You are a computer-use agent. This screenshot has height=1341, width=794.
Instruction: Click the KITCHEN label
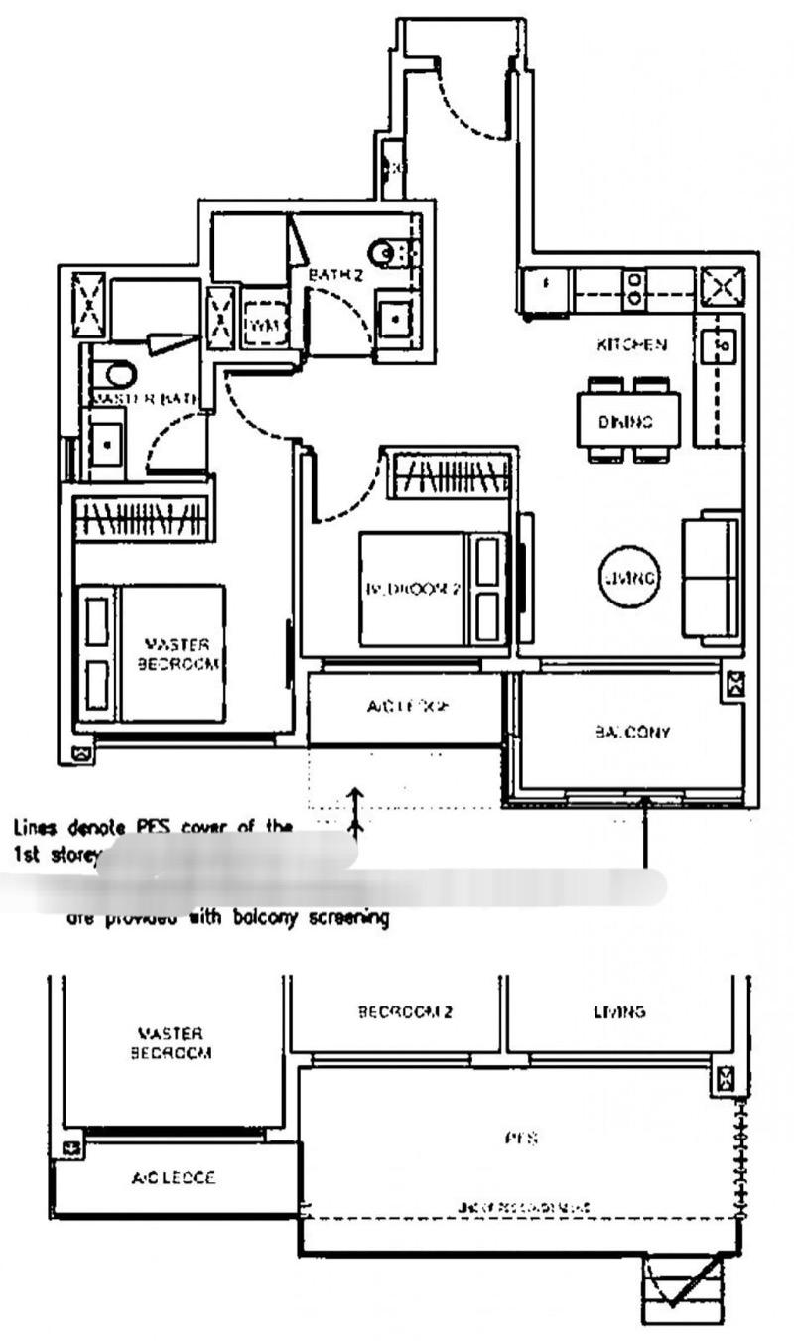[x=630, y=345]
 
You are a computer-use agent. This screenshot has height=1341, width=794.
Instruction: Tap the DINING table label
[x=625, y=421]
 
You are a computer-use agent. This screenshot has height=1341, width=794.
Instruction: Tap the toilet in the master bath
[x=117, y=375]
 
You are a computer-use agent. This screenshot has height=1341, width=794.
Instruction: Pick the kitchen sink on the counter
[x=718, y=346]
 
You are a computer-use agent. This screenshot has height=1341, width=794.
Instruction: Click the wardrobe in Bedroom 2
[x=448, y=475]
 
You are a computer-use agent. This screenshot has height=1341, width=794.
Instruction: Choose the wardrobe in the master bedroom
[x=142, y=518]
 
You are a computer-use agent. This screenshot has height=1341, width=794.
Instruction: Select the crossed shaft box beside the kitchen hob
[x=722, y=289]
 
